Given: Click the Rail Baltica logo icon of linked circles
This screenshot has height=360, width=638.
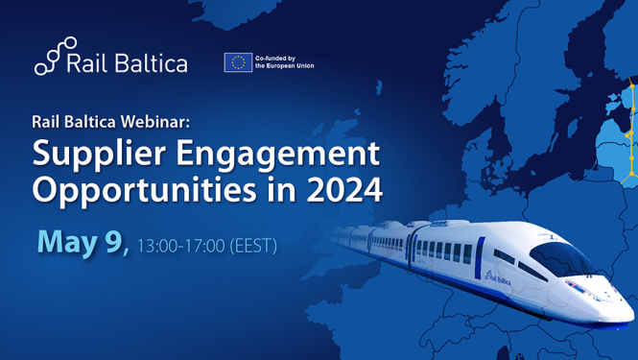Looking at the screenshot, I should point(55,56).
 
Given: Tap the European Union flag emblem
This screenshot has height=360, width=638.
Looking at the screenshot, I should point(237,62).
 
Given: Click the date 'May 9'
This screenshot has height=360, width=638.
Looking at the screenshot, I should point(82,243).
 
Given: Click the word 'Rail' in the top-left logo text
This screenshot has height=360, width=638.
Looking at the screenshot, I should point(88,63).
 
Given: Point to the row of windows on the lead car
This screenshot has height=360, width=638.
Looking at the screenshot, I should point(447,251).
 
